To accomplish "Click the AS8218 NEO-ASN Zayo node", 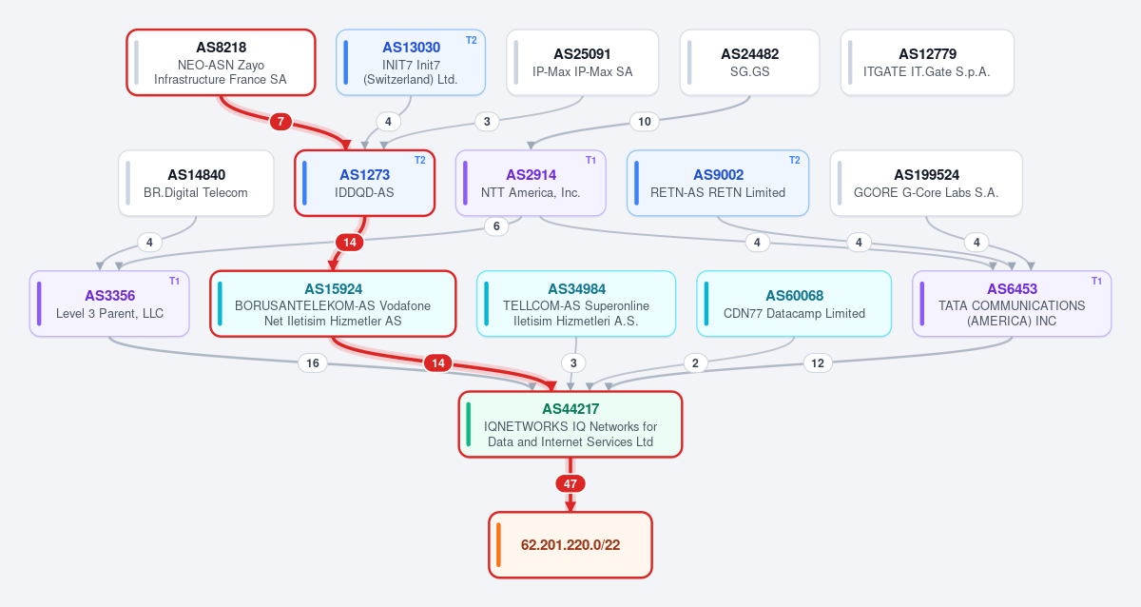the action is pyautogui.click(x=221, y=63).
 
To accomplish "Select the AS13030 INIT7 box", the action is pyautogui.click(x=411, y=63).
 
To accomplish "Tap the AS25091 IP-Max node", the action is pyautogui.click(x=582, y=63).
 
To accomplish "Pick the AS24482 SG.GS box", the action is pyautogui.click(x=749, y=63).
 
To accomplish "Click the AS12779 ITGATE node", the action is pyautogui.click(x=927, y=63).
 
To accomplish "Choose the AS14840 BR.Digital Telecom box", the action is pyautogui.click(x=196, y=183).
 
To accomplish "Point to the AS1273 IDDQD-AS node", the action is pyautogui.click(x=365, y=183).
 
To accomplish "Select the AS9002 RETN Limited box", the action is pyautogui.click(x=718, y=183).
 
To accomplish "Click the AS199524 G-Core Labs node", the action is pyautogui.click(x=926, y=183).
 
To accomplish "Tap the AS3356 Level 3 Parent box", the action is pyautogui.click(x=109, y=303).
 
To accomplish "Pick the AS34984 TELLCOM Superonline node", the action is pyautogui.click(x=576, y=303).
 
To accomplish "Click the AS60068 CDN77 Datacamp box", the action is pyautogui.click(x=794, y=303).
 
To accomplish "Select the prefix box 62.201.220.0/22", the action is pyautogui.click(x=570, y=545).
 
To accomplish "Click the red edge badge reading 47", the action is pyautogui.click(x=570, y=483).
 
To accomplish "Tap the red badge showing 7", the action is pyautogui.click(x=280, y=122).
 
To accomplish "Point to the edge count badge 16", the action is pyautogui.click(x=312, y=362).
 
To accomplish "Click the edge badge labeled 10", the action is pyautogui.click(x=645, y=122).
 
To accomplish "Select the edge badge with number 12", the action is pyautogui.click(x=818, y=362).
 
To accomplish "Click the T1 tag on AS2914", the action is pyautogui.click(x=590, y=161).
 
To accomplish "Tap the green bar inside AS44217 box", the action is pyautogui.click(x=469, y=424).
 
